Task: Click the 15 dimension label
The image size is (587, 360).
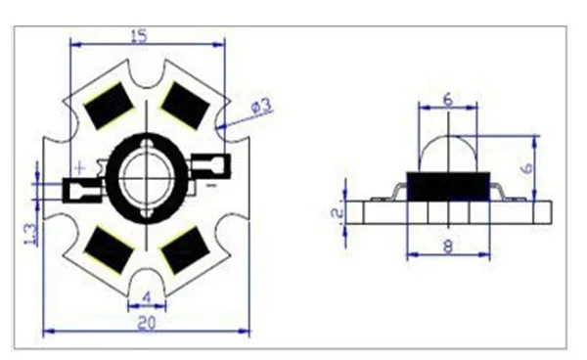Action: (139, 36)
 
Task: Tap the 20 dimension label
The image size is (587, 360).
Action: (147, 323)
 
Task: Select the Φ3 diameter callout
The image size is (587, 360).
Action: (261, 106)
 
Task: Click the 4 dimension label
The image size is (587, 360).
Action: (147, 297)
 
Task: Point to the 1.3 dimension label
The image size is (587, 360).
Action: (30, 234)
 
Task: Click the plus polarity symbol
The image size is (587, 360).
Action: (80, 168)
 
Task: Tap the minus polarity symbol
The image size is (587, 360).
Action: (211, 185)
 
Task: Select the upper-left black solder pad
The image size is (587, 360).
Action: (109, 106)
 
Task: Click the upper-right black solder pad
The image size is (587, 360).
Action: (185, 106)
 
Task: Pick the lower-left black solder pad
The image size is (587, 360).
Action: (109, 249)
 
